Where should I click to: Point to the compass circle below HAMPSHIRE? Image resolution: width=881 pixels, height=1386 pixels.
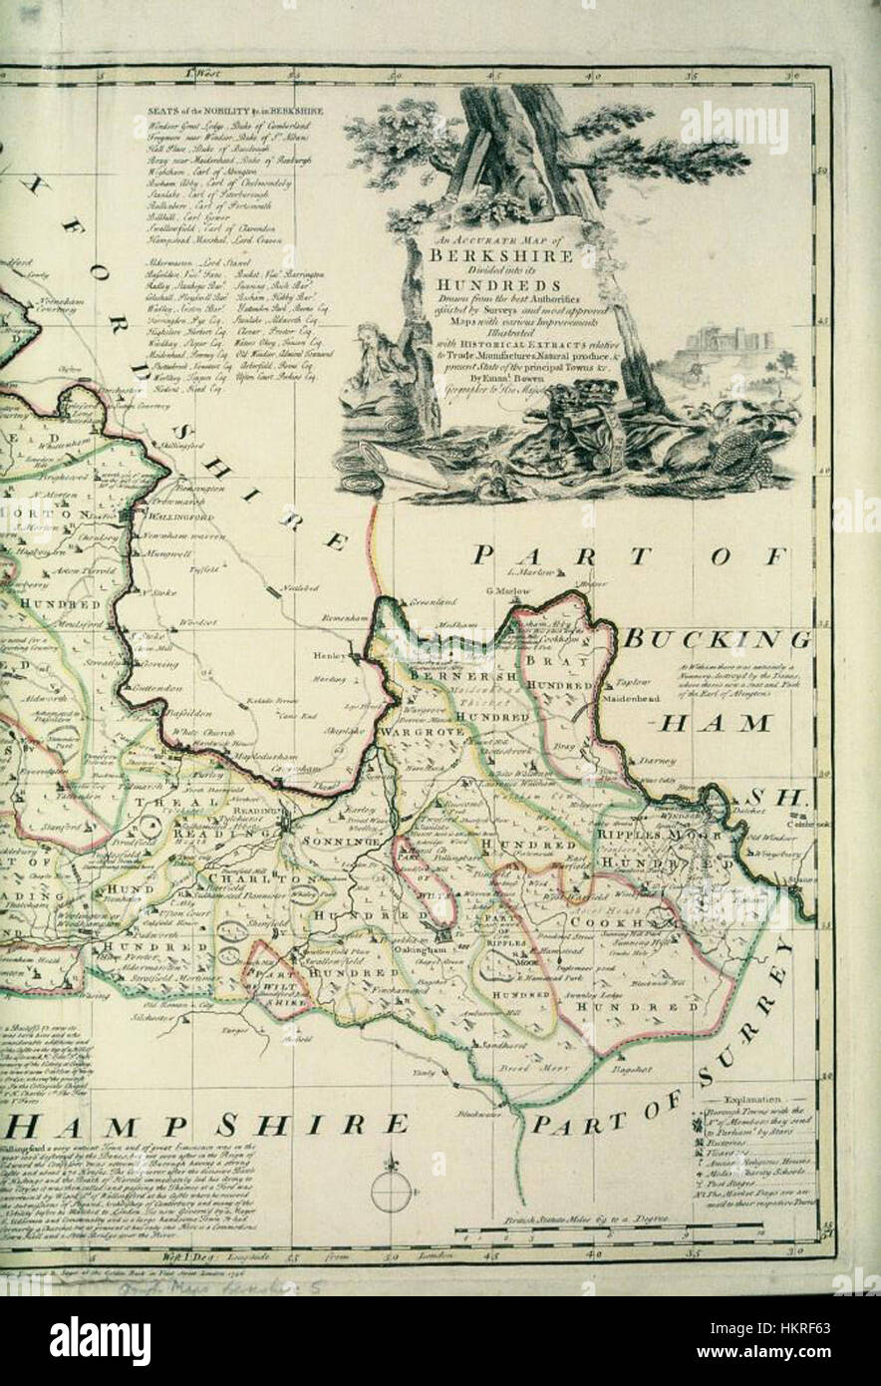(391, 1192)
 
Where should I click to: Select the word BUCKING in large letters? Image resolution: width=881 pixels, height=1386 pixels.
(717, 638)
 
